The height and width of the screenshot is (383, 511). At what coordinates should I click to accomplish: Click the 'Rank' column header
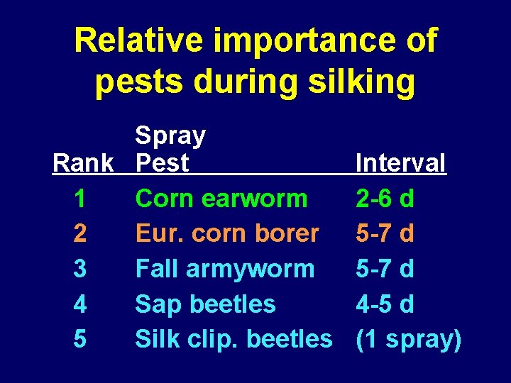[83, 163]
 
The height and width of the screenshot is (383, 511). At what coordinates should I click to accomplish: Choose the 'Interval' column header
[401, 163]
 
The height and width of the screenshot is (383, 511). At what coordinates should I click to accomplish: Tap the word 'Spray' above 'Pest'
[170, 135]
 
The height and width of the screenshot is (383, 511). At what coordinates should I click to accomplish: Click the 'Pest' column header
[163, 163]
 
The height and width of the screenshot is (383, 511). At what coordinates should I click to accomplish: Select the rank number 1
[80, 199]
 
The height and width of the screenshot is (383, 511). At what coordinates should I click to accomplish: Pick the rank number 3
[80, 270]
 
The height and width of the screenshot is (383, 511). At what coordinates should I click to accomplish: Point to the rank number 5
[80, 339]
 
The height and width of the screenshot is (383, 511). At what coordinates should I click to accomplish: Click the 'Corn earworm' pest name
[221, 199]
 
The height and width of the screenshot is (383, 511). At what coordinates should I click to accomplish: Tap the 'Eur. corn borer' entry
[227, 233]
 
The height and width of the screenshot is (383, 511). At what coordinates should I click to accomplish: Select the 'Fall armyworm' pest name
[225, 270]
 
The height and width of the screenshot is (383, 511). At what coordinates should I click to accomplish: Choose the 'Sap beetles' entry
[205, 304]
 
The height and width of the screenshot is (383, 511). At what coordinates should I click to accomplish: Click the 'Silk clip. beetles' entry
[233, 339]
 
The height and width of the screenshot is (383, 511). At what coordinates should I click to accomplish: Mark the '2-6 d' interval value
[385, 199]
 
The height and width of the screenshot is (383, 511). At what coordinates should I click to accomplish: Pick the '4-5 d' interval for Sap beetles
[385, 304]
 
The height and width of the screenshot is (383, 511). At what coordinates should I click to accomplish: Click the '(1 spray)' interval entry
[408, 339]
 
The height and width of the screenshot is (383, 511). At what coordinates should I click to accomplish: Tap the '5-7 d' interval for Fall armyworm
[385, 270]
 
